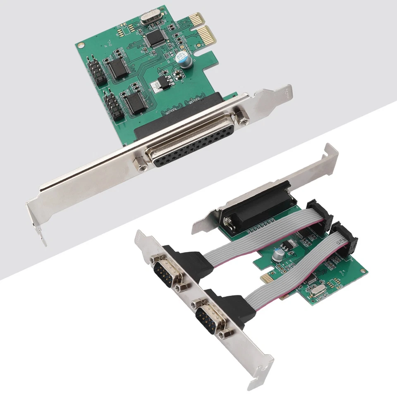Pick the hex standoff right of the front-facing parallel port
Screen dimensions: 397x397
coord(242,117)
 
